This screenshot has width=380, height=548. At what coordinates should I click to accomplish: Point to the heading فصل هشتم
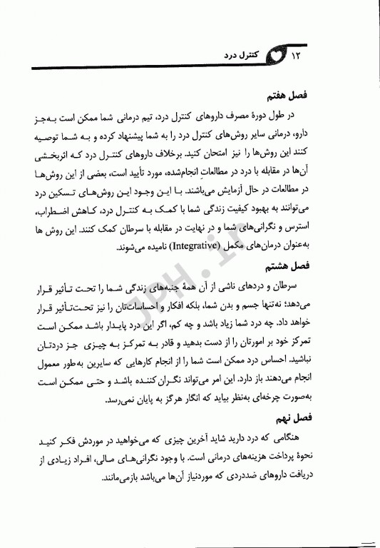tap(322, 264)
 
